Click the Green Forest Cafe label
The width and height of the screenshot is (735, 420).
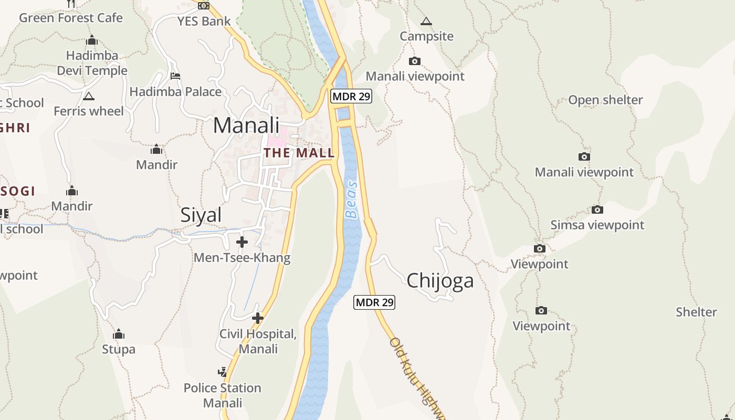click(x=71, y=18)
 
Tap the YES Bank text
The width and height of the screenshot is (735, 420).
click(x=204, y=22)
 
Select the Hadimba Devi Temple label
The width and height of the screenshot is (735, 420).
click(x=92, y=63)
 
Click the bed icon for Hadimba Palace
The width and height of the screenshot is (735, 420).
click(x=175, y=76)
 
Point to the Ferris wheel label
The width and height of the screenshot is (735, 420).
click(x=89, y=111)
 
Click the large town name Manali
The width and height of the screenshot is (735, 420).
click(x=246, y=125)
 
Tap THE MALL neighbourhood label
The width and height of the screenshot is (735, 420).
click(x=299, y=153)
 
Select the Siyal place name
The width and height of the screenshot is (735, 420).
click(x=201, y=215)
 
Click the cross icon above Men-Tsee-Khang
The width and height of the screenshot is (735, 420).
click(x=242, y=242)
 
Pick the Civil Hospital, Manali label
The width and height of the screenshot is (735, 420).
click(x=258, y=341)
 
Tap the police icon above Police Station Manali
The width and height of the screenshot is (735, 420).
click(x=223, y=372)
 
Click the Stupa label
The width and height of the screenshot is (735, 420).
click(x=118, y=349)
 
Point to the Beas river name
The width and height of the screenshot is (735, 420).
click(x=351, y=200)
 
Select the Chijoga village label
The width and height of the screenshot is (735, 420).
click(x=440, y=280)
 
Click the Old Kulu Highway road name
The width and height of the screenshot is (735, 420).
click(x=417, y=378)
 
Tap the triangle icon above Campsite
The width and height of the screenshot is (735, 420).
click(x=426, y=22)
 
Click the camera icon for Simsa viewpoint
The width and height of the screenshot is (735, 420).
click(x=597, y=210)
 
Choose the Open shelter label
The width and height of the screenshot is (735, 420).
click(x=605, y=100)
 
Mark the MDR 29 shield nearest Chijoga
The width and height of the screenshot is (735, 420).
click(x=374, y=302)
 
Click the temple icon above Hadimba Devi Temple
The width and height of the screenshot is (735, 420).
click(x=92, y=40)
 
